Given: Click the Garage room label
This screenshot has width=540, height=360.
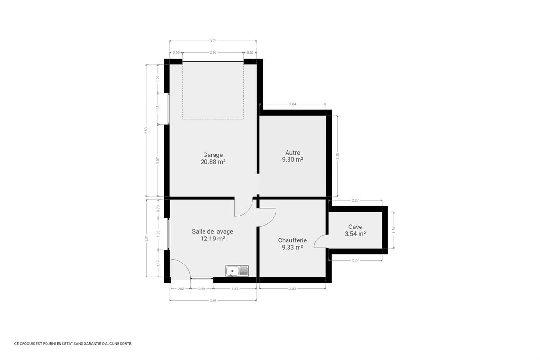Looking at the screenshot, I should [213, 155].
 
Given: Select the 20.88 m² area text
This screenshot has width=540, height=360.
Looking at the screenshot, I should [213, 162].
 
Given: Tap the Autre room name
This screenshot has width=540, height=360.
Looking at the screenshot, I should [292, 153].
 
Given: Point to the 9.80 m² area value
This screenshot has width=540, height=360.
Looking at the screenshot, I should [292, 160].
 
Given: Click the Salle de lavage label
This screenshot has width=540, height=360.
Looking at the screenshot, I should [213, 231].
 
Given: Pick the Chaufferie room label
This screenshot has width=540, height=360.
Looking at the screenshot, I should [292, 240].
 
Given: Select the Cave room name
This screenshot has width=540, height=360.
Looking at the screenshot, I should [355, 227].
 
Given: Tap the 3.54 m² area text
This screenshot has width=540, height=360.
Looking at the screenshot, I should [355, 234].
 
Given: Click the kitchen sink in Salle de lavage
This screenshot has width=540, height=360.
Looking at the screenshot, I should [237, 271].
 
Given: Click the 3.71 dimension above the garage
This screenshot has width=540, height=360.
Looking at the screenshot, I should [213, 42].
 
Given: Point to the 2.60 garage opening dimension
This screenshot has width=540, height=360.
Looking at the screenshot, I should [213, 53].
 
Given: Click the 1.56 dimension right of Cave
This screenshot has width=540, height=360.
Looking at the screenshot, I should [394, 229].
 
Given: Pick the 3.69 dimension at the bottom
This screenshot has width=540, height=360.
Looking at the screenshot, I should [213, 300].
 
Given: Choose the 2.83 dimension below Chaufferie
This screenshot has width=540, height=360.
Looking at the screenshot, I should [292, 289].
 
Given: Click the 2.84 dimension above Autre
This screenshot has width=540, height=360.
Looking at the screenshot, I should [292, 104].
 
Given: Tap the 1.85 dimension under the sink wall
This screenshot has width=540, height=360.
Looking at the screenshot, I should [234, 289].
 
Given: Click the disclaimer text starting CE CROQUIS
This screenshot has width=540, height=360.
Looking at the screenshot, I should [73, 343].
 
